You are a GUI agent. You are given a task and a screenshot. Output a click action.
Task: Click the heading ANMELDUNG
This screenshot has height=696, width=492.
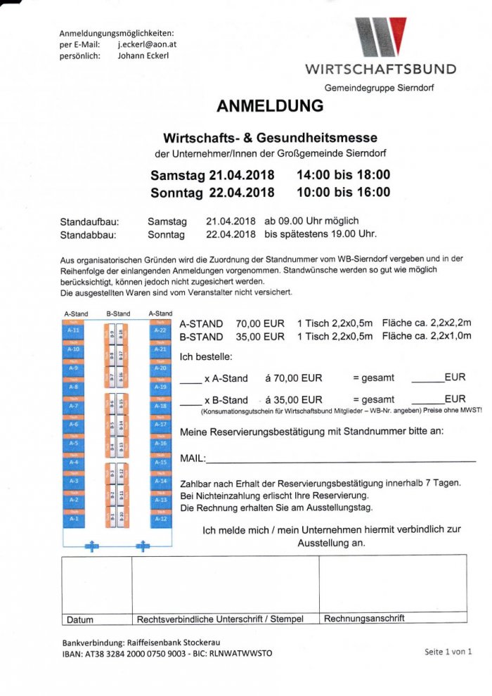pos(270,106)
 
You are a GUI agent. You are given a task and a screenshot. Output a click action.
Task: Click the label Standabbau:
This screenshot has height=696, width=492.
pos(88,235)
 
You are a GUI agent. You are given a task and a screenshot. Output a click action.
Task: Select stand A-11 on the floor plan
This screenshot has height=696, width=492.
pos(73,330)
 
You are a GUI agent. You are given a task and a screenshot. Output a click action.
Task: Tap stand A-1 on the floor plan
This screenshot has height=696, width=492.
pos(73,519)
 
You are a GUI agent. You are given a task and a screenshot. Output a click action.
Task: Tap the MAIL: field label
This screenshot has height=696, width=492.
pos(192,458)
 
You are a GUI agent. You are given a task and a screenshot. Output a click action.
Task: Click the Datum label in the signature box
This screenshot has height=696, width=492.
pos(79,620)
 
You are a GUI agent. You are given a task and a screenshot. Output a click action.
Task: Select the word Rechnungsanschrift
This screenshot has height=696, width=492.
pos(364,619)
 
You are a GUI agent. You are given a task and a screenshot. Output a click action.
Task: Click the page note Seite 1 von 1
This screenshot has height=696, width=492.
pos(448,652)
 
